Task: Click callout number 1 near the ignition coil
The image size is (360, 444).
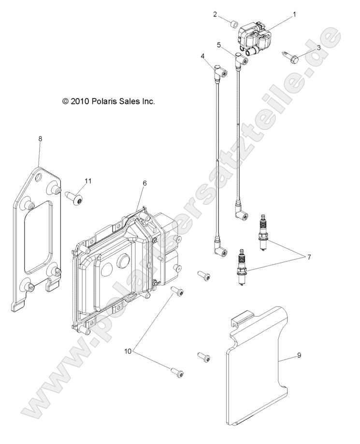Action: point(294,14)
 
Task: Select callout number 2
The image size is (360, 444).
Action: point(215,14)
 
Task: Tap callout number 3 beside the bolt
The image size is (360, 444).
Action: point(319,47)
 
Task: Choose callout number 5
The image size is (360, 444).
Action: point(219,44)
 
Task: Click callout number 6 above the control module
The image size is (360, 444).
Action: point(144,183)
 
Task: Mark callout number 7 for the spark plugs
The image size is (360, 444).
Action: point(308,256)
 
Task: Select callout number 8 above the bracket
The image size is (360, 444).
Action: point(40,139)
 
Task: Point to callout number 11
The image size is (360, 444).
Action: point(87,181)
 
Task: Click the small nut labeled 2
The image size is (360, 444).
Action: point(234,23)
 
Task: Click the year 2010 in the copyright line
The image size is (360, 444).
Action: point(79,102)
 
